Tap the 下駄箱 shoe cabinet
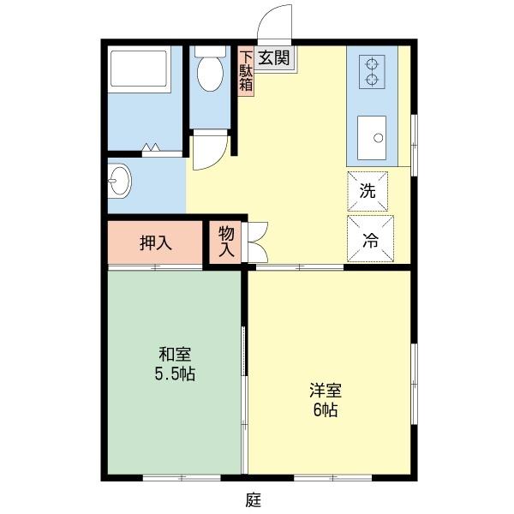pos(246,69)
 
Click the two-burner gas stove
pos(373,71)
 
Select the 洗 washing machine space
pos(368,191)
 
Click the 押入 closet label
pos(156,242)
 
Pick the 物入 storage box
pos(226,242)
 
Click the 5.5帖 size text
pos(174,374)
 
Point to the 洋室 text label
pos(326,390)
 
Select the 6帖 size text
pos(325,409)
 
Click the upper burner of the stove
pos(373,63)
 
